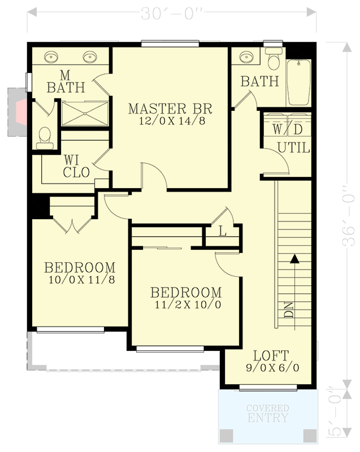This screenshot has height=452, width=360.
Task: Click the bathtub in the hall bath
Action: [299, 82]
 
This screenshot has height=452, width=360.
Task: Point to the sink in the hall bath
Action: [245, 58]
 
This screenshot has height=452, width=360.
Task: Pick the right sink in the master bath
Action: [90, 56]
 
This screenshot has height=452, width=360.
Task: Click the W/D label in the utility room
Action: [288, 129]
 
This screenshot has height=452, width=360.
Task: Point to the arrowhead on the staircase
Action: [294, 259]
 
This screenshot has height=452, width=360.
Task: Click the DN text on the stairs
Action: [289, 310]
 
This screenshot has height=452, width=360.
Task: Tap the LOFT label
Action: [270, 356]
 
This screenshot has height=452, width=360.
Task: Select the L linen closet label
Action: [222, 231]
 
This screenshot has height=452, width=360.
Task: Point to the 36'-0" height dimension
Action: [349, 220]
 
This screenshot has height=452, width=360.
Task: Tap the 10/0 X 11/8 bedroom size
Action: [81, 279]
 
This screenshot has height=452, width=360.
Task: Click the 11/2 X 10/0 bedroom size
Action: [186, 305]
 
